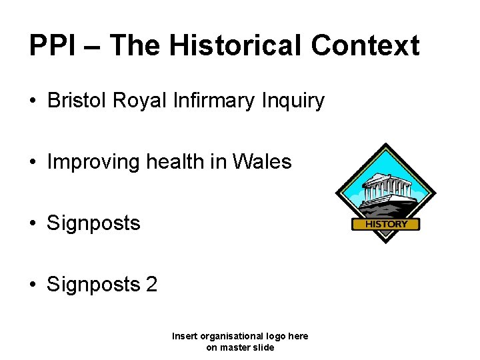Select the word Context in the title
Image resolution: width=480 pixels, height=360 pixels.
click(365, 45)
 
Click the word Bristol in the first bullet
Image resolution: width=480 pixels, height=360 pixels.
click(77, 101)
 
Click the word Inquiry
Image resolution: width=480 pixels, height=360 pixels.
click(293, 101)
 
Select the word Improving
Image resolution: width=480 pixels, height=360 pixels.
click(92, 162)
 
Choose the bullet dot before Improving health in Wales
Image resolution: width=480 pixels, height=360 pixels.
click(32, 163)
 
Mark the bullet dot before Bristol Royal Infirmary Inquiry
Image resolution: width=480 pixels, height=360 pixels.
click(32, 101)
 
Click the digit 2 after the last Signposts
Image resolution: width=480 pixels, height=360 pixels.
click(151, 285)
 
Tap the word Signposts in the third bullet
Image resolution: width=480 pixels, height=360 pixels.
click(93, 223)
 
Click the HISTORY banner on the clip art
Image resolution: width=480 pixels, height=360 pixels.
click(385, 225)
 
